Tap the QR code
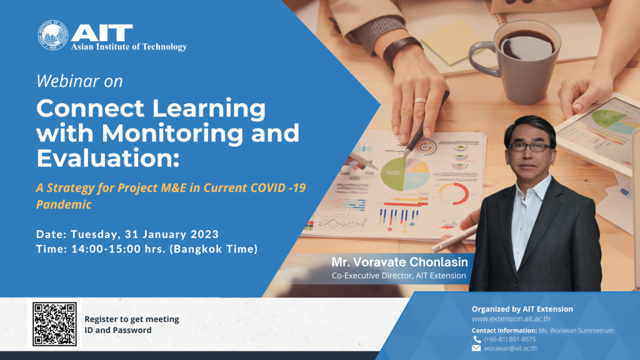[54, 324]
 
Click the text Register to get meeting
[132, 319]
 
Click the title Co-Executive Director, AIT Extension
[399, 276]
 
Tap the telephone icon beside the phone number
[476, 339]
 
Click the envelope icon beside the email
[476, 348]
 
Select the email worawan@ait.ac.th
[510, 348]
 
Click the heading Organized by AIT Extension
[522, 309]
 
